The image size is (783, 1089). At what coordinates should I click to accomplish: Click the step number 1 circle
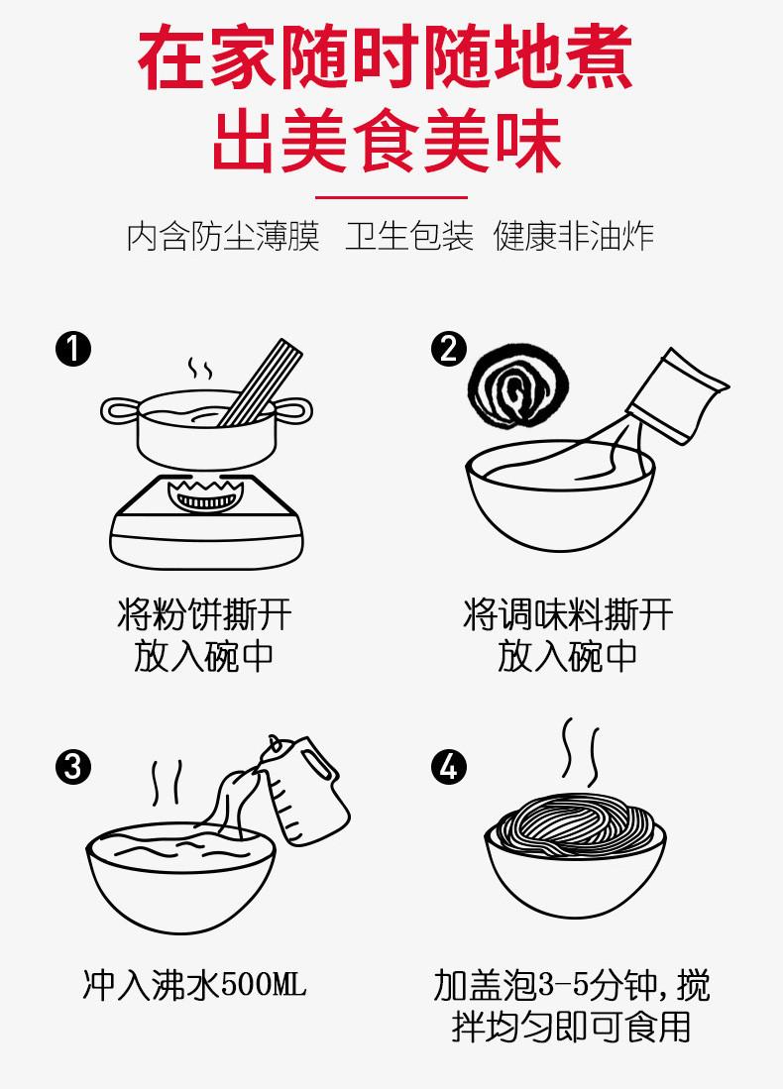click(x=73, y=350)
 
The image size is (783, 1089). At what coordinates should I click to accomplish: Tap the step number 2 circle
click(x=448, y=350)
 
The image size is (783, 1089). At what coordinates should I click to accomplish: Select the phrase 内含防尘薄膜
click(x=224, y=237)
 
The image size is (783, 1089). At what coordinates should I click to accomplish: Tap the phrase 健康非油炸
click(x=574, y=237)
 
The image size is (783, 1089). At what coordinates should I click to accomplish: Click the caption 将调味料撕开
click(x=568, y=614)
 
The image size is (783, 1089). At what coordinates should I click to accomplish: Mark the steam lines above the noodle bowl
click(x=580, y=750)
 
